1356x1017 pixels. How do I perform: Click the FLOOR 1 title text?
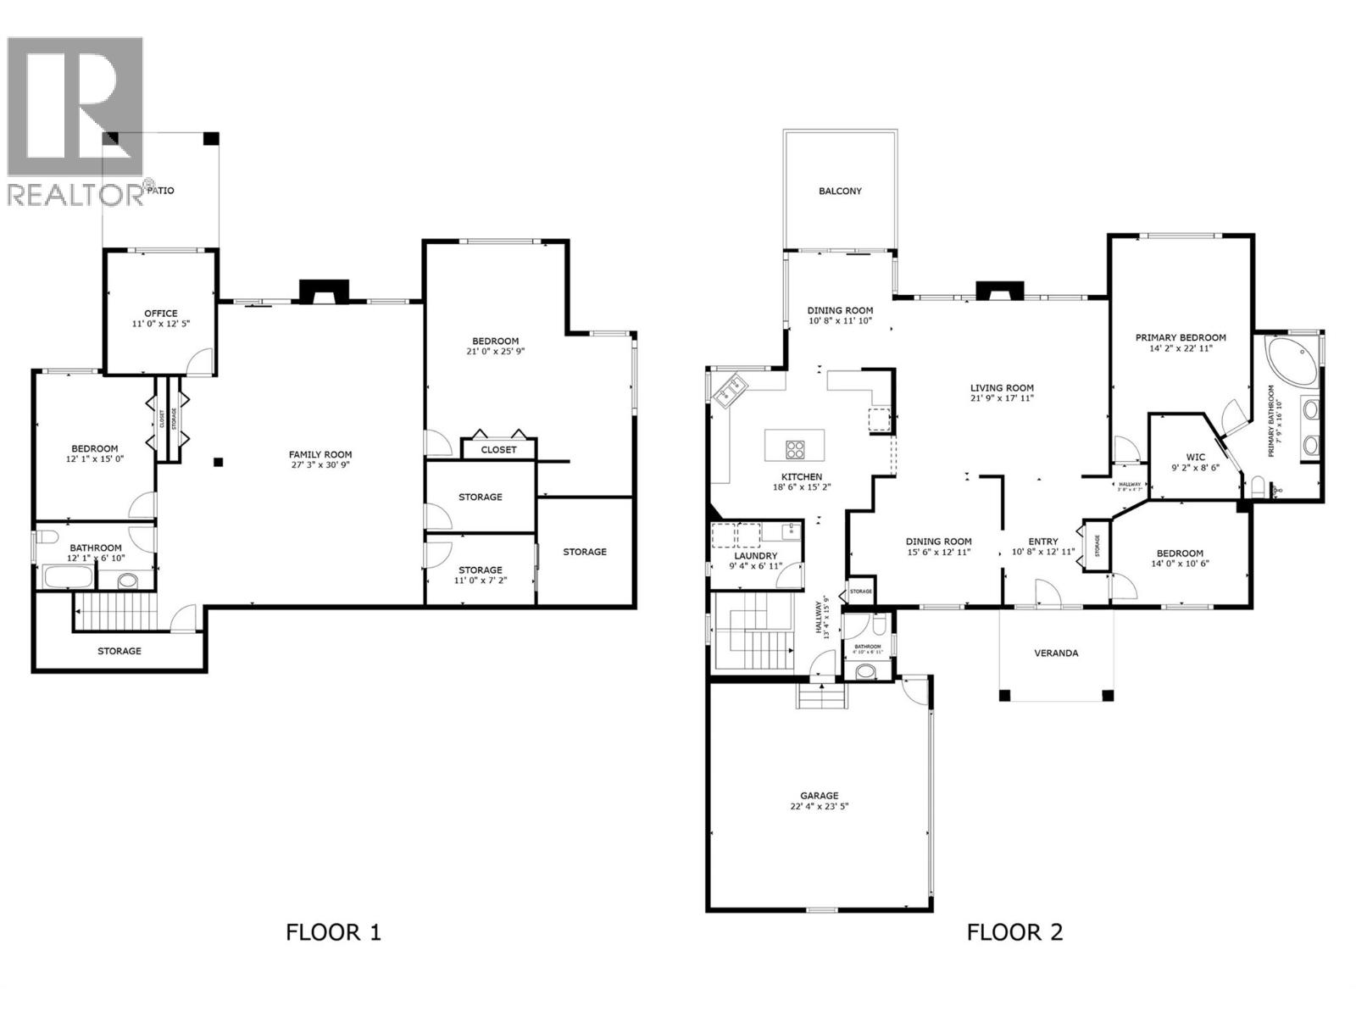click(333, 932)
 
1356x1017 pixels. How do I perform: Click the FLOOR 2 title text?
click(1014, 932)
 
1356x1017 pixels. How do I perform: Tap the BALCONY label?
click(840, 191)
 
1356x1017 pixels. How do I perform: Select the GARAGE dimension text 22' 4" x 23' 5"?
click(819, 807)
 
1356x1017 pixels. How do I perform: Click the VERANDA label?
click(1056, 653)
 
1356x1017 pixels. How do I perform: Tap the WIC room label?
click(1195, 457)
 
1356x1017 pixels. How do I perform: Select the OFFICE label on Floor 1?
click(160, 313)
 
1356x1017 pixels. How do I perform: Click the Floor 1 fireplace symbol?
click(323, 292)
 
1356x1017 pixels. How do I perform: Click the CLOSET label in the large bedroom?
click(498, 449)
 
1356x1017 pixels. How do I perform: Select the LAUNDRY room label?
click(755, 556)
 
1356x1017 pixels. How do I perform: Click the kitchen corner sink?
click(730, 391)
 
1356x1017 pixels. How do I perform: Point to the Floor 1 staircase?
click(116, 607)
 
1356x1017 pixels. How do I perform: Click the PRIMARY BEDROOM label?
click(1181, 337)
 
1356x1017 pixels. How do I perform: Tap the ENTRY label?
click(1042, 542)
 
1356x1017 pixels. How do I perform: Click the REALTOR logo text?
click(76, 195)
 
